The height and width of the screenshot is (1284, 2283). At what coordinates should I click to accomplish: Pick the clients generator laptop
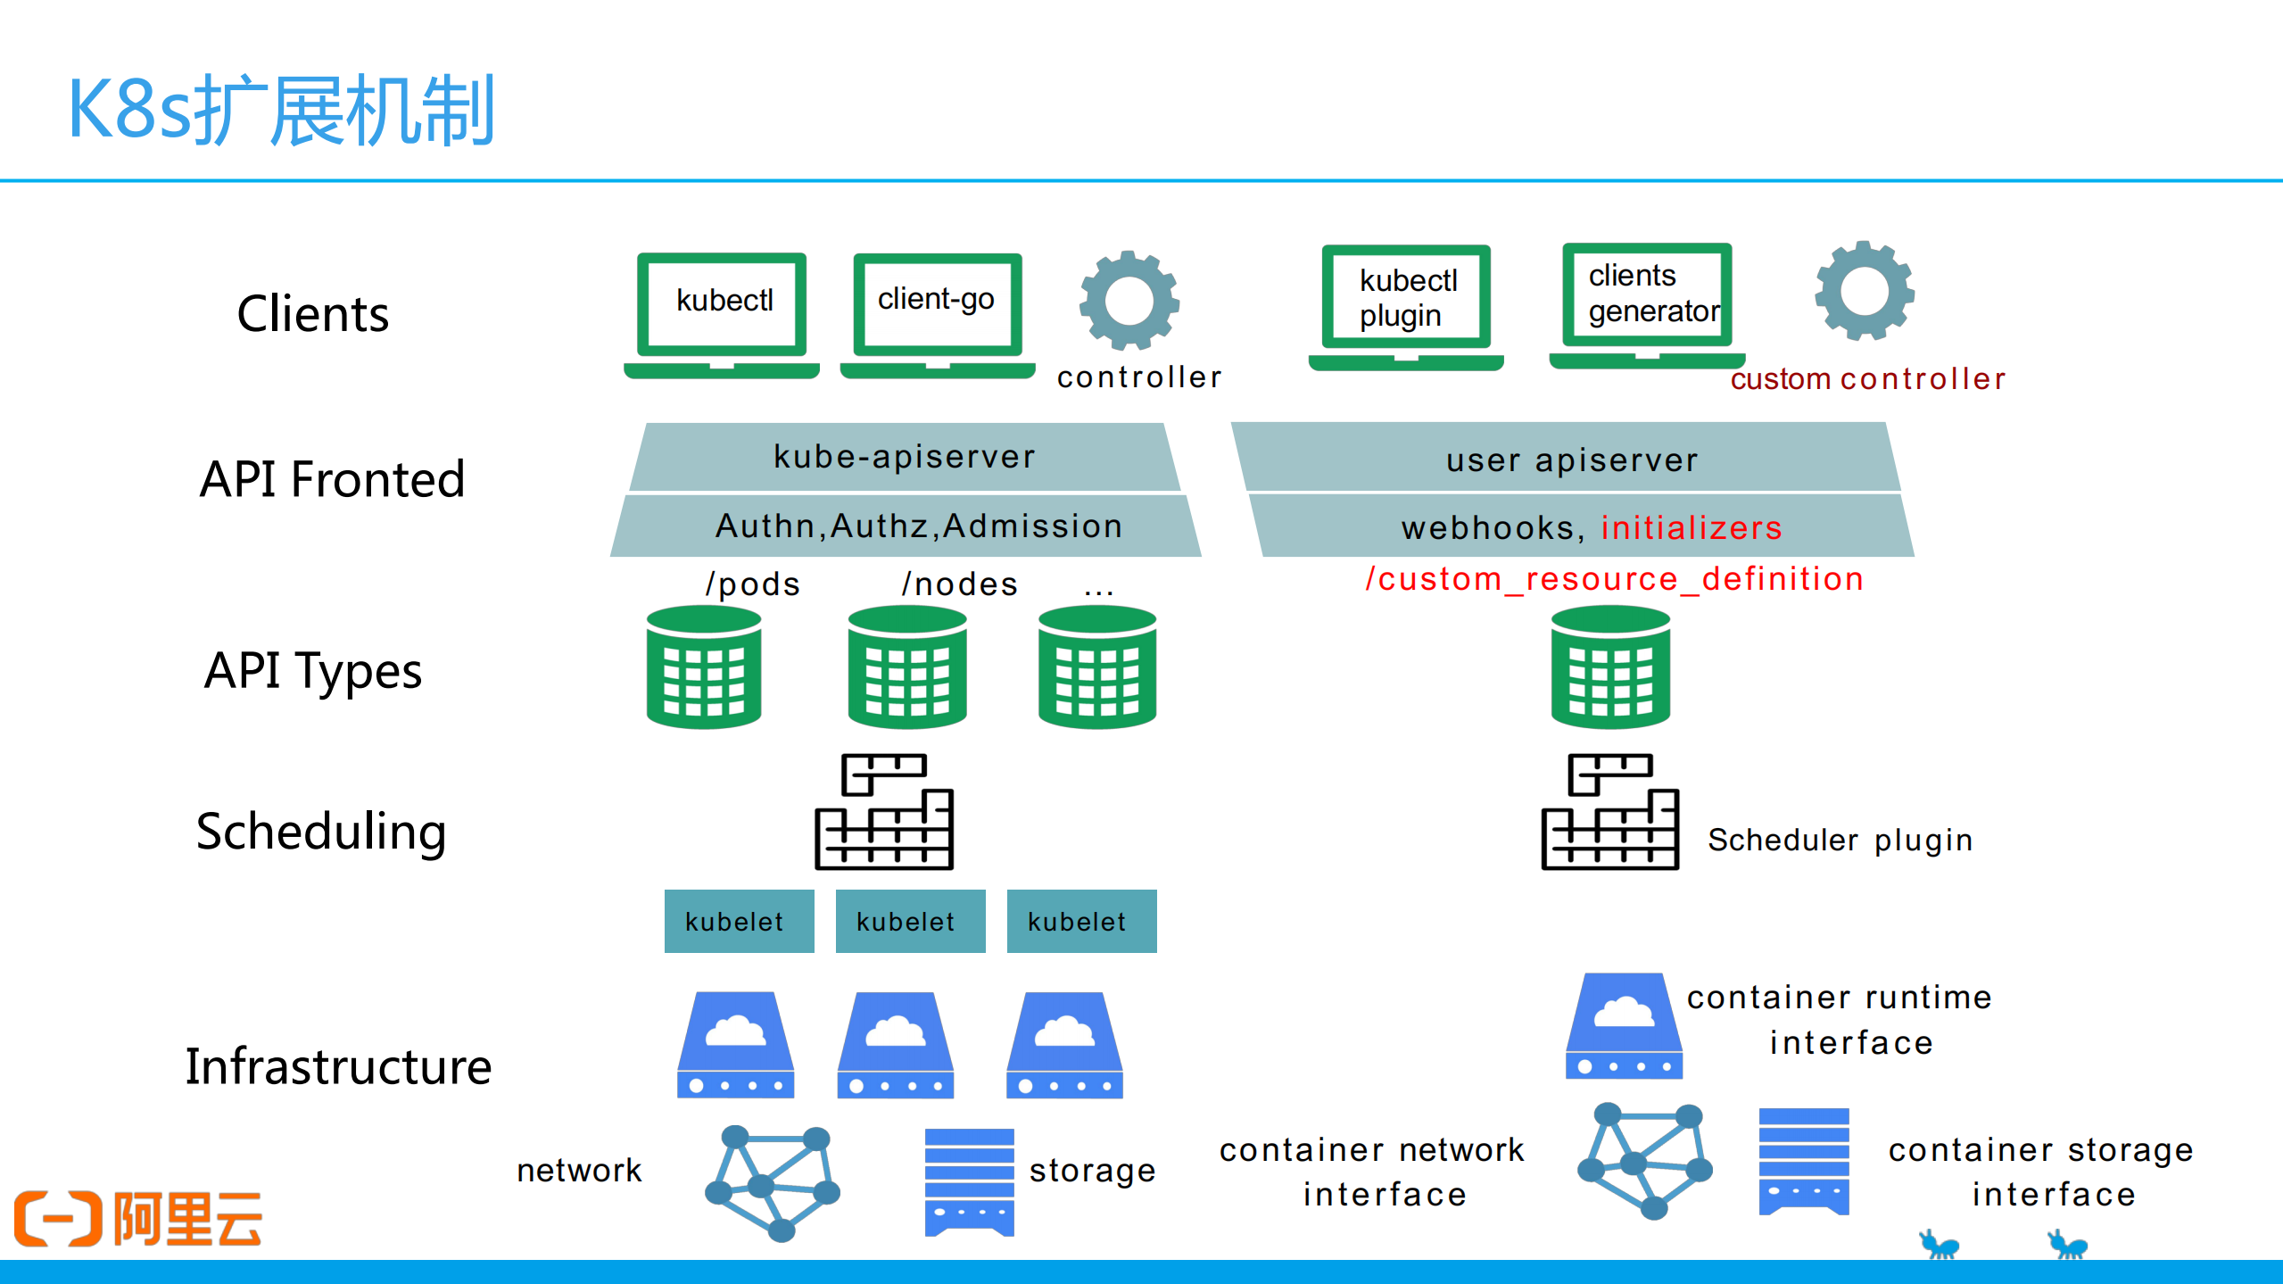[x=1647, y=303]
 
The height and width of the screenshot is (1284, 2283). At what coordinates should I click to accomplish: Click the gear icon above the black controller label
[x=1129, y=301]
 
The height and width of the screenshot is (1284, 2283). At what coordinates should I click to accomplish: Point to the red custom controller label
[x=1867, y=379]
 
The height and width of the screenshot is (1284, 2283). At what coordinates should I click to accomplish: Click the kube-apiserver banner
[x=904, y=457]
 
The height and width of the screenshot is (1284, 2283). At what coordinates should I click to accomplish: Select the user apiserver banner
[x=1571, y=460]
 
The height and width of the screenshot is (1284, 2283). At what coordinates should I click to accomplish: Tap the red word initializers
[x=1691, y=527]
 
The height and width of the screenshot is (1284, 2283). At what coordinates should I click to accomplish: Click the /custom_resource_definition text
[x=1614, y=579]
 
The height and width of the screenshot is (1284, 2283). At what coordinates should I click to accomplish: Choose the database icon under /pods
[x=704, y=667]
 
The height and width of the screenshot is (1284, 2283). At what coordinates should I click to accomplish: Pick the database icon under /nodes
[x=907, y=667]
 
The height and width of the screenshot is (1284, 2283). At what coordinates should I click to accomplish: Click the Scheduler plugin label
[x=1840, y=840]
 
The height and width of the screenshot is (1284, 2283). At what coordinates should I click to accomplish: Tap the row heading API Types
[x=312, y=671]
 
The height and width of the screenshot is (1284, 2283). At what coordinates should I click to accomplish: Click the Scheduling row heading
[x=320, y=832]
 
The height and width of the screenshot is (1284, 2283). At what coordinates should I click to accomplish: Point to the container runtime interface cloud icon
[x=1624, y=1026]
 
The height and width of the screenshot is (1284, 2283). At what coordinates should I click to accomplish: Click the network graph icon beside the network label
[x=773, y=1182]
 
